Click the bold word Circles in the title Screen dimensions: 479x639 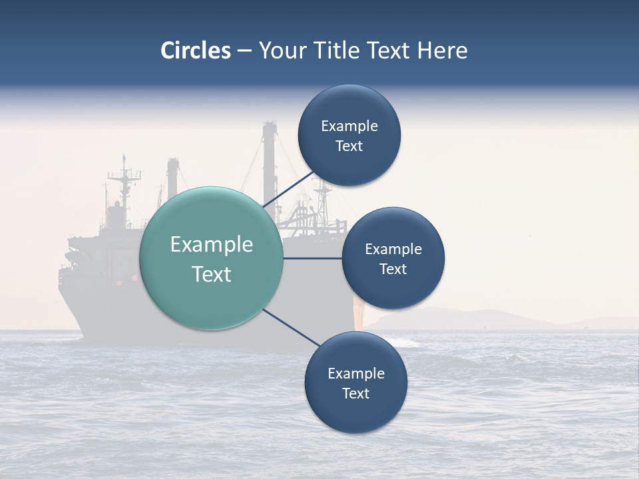(196, 51)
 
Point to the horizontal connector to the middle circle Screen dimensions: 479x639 (313, 258)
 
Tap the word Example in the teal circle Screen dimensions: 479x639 (212, 245)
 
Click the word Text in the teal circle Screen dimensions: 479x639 (212, 274)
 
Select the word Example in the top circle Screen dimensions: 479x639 (349, 126)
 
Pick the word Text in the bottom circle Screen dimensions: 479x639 (356, 393)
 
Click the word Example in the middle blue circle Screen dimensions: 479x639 (393, 249)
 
